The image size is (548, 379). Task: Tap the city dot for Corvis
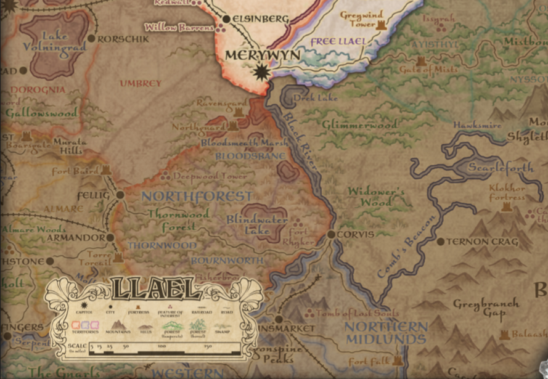point(331,235)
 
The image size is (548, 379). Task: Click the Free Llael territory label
point(338,42)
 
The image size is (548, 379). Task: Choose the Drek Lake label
point(306,97)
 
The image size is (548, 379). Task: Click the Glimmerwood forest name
point(359,124)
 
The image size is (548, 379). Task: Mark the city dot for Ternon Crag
point(441,242)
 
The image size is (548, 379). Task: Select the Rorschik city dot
point(91,38)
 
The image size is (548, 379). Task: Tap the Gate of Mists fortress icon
point(421,61)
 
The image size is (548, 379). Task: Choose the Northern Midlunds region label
point(386,333)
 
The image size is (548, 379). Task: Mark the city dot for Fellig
point(120,195)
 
